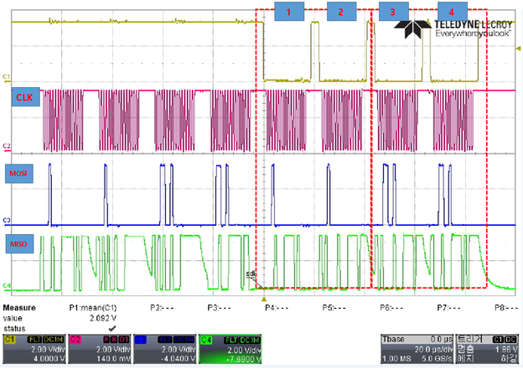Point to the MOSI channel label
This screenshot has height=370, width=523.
coord(26,174)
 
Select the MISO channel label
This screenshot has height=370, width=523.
coord(26,244)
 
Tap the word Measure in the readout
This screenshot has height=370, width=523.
coord(23,308)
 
